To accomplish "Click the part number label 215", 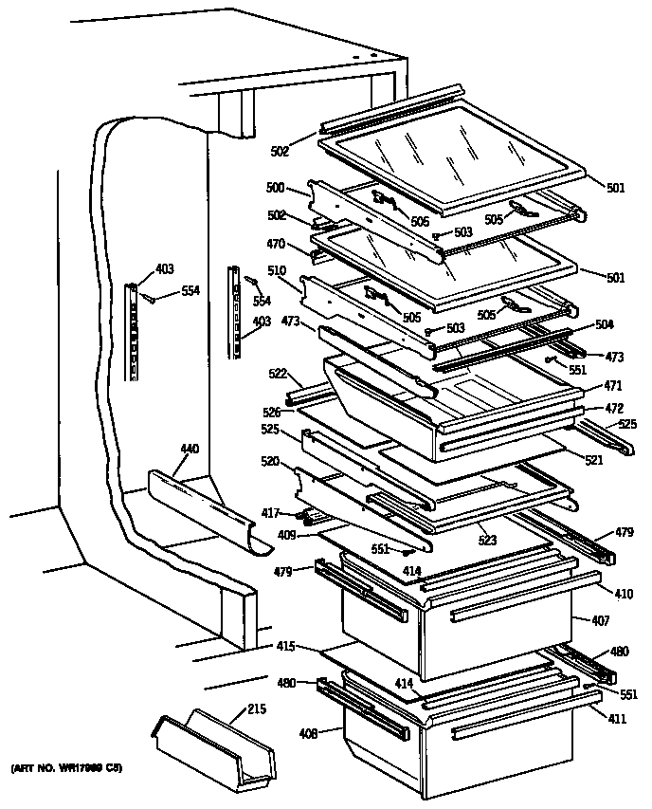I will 256,708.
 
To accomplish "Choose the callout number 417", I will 271,513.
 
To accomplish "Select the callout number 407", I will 601,620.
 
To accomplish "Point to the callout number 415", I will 285,647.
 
